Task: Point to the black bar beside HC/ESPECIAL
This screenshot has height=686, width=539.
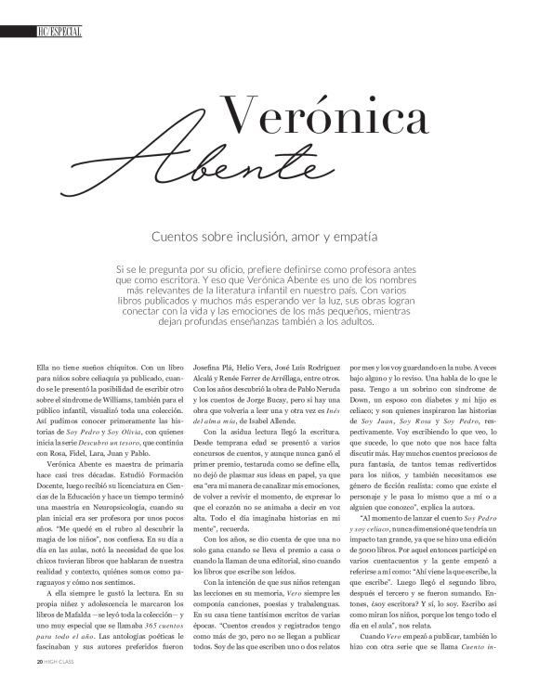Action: (x=18, y=32)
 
